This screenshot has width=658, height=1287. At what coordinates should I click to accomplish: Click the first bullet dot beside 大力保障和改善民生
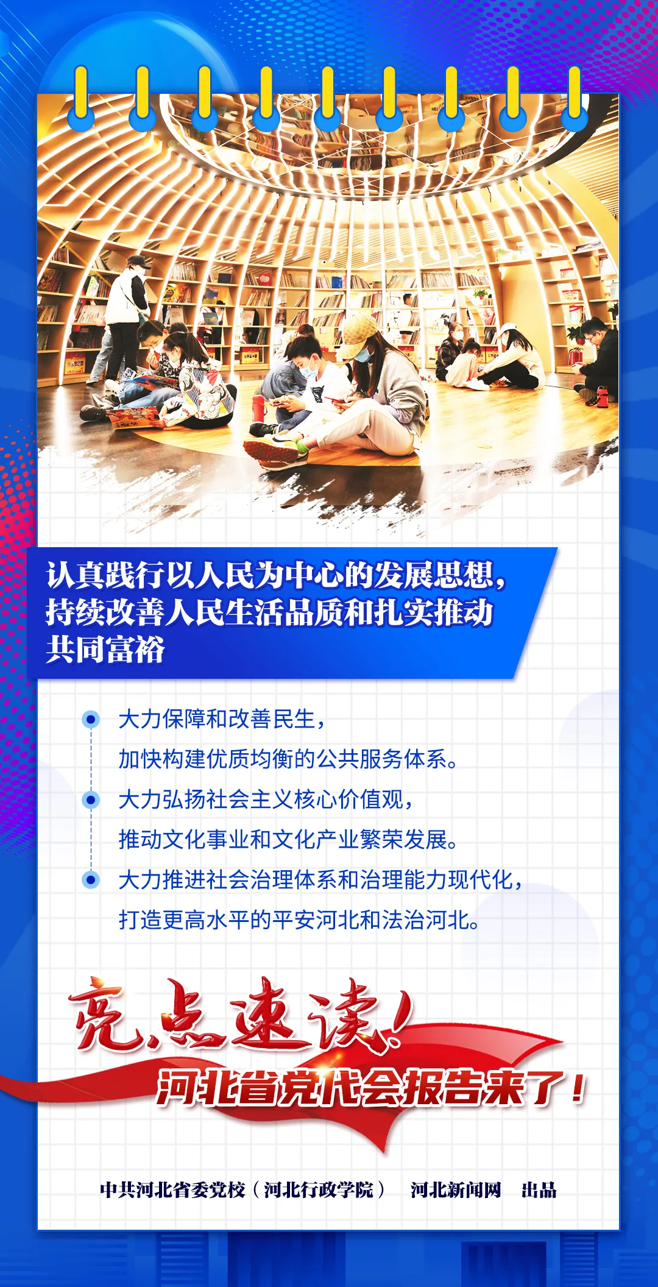[x=91, y=720]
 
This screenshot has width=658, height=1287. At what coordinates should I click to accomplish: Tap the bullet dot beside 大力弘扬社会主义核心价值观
[x=91, y=799]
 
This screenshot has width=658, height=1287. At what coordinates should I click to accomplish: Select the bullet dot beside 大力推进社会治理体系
[x=91, y=880]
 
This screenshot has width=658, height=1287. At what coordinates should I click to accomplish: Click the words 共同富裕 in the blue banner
[x=105, y=649]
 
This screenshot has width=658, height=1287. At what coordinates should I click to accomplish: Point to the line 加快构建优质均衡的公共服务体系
[x=288, y=759]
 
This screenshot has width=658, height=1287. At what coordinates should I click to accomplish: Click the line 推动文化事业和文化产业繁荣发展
[x=288, y=840]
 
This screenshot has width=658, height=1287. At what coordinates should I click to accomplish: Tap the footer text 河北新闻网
[x=456, y=1189]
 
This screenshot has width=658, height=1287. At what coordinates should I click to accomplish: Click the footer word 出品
[x=539, y=1189]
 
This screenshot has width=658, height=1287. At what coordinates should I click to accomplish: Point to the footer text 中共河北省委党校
[x=172, y=1189]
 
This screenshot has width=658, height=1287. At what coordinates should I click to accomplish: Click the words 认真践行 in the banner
[x=105, y=575]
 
